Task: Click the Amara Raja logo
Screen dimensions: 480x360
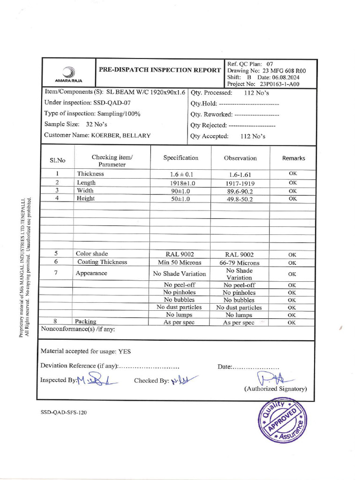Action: [x=68, y=74]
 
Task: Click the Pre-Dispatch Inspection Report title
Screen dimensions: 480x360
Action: [x=160, y=70]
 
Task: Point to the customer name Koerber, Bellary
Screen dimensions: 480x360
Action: [x=120, y=135]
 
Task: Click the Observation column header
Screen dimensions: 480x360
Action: [x=240, y=158]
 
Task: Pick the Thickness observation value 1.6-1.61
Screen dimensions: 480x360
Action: [x=240, y=174]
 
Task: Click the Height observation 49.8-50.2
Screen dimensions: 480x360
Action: [x=240, y=199]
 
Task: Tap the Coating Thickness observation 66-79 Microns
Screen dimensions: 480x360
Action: [x=240, y=263]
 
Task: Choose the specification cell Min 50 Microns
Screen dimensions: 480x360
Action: [x=180, y=262]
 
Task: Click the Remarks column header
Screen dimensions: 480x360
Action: [x=293, y=158]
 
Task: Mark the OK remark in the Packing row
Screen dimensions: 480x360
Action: [x=292, y=322]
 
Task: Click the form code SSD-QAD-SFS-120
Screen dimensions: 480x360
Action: [x=64, y=412]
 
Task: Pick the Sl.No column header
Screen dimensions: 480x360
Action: [x=58, y=160]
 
